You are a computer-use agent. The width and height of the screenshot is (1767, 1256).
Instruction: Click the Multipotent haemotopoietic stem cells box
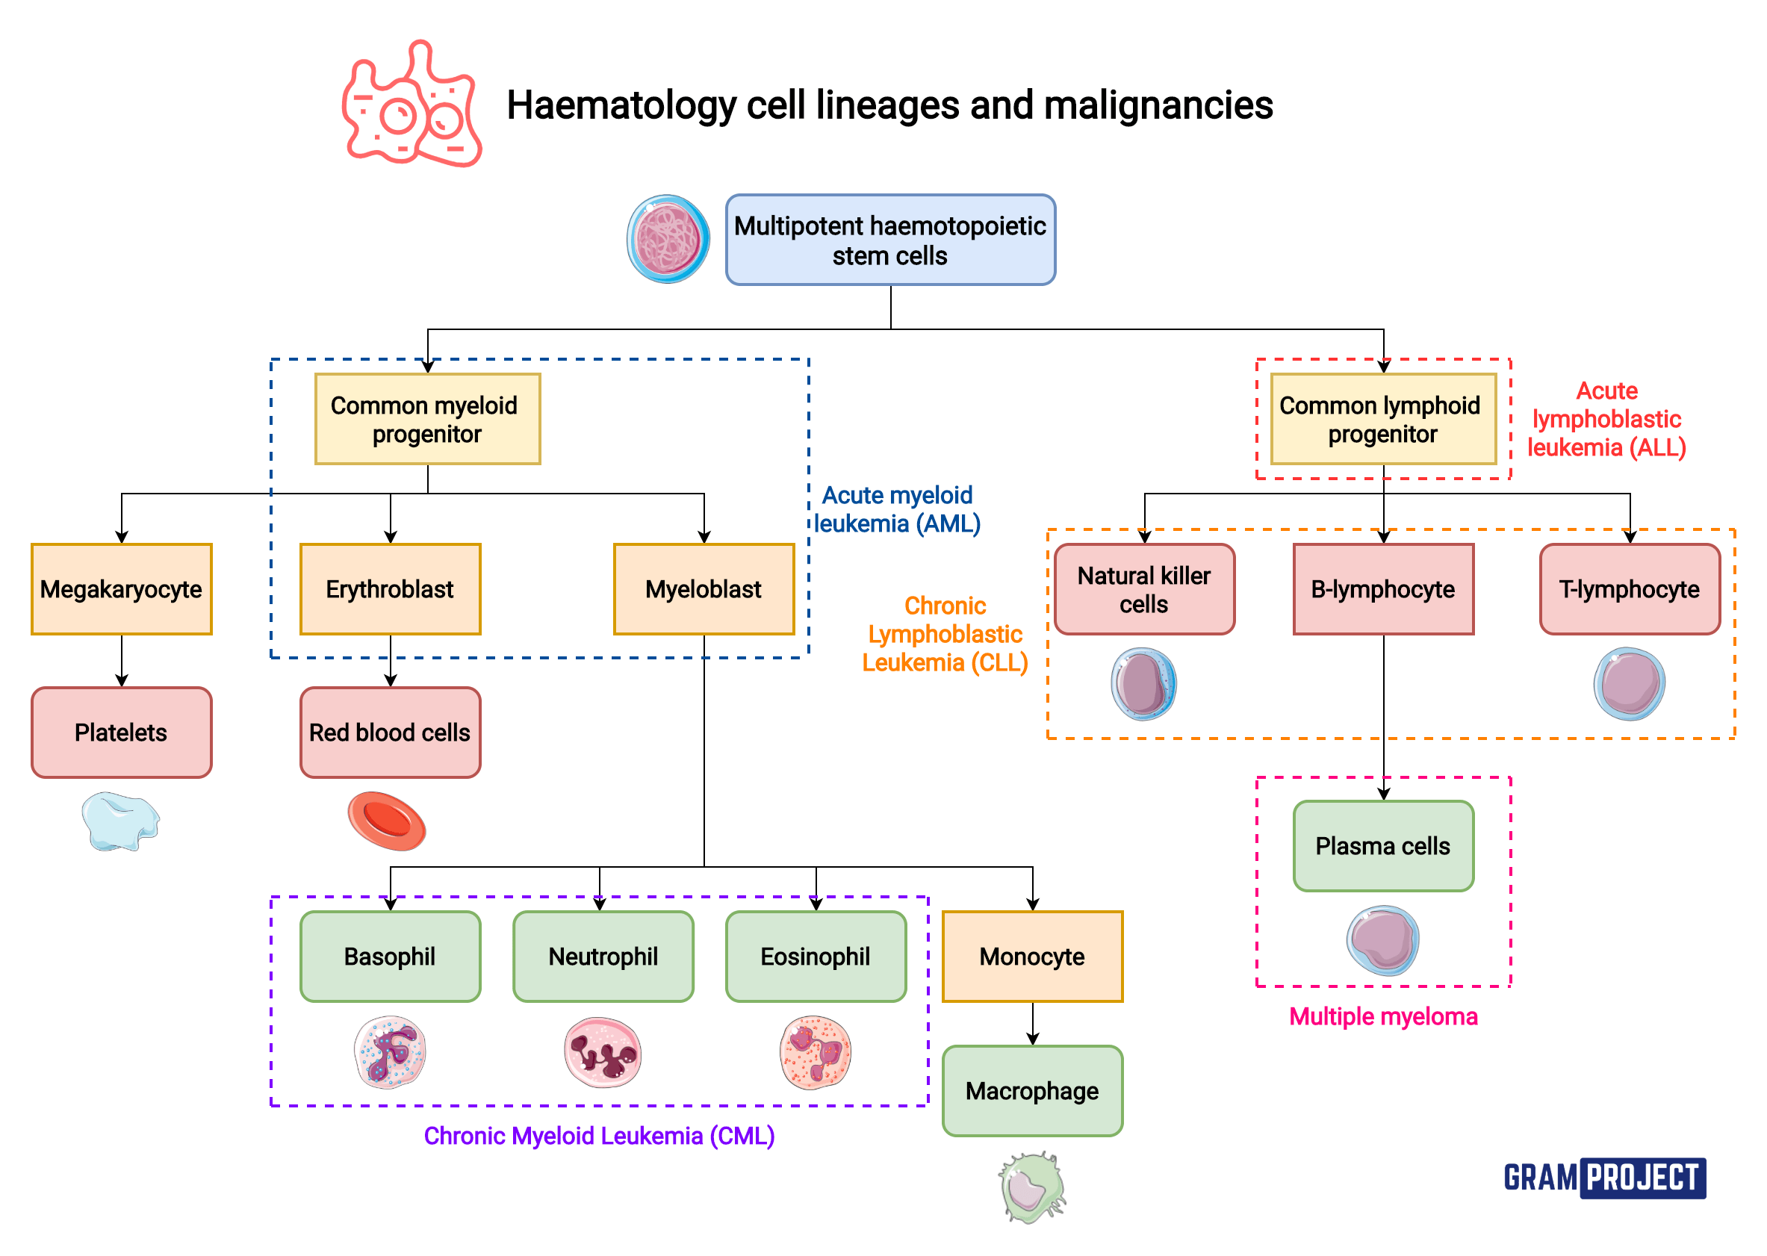click(890, 240)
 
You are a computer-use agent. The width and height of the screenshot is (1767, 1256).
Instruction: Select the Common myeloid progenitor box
click(427, 419)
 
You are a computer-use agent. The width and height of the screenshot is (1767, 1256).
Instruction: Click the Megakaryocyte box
click(122, 589)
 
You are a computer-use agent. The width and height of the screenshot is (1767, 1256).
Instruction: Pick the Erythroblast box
click(390, 589)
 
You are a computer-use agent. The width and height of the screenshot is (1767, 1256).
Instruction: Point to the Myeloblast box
click(703, 589)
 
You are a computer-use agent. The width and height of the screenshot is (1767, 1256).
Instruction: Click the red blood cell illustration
click(386, 821)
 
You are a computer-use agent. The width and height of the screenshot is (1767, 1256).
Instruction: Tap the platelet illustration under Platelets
click(119, 821)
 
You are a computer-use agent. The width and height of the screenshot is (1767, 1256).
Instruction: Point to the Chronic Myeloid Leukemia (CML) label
click(598, 1135)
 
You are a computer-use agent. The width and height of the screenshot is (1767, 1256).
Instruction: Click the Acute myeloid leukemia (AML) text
click(896, 509)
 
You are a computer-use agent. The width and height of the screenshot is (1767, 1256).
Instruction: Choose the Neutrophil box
click(603, 957)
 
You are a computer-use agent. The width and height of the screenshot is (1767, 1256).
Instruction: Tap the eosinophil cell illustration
click(815, 1053)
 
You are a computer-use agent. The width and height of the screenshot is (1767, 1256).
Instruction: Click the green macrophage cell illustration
click(1031, 1187)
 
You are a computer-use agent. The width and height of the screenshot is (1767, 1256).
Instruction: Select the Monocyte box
click(1031, 957)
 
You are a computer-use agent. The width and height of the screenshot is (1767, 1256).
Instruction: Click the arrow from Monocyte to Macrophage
click(1032, 1024)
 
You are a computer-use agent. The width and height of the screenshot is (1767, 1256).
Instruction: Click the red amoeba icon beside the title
click(412, 105)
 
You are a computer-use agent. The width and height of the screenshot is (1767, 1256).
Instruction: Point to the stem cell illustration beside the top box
click(668, 239)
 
